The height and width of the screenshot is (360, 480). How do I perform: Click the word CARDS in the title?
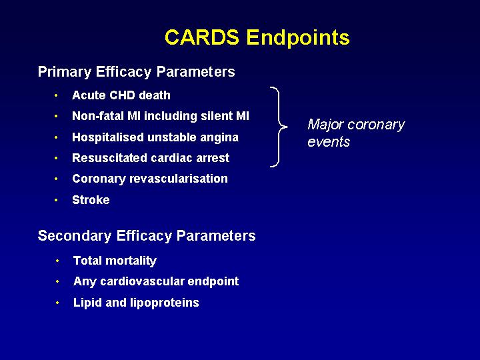tap(202, 37)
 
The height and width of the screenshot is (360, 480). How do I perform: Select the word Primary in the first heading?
tap(65, 72)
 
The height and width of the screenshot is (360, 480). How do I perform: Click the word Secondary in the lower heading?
tap(75, 236)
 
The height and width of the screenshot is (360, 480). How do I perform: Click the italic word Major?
tap(325, 125)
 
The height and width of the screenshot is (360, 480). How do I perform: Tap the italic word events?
tap(329, 142)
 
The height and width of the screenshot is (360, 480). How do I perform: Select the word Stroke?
tap(91, 200)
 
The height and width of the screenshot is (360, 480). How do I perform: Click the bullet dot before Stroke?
tap(56, 200)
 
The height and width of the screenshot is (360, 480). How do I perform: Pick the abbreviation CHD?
tap(123, 95)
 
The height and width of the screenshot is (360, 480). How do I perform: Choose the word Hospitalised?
tap(108, 137)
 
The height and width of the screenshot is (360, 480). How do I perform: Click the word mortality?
tap(131, 261)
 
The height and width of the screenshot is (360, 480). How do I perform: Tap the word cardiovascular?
tap(143, 281)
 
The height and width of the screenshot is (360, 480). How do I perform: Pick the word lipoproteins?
tap(165, 303)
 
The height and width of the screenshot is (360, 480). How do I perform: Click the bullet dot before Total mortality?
tap(57, 261)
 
